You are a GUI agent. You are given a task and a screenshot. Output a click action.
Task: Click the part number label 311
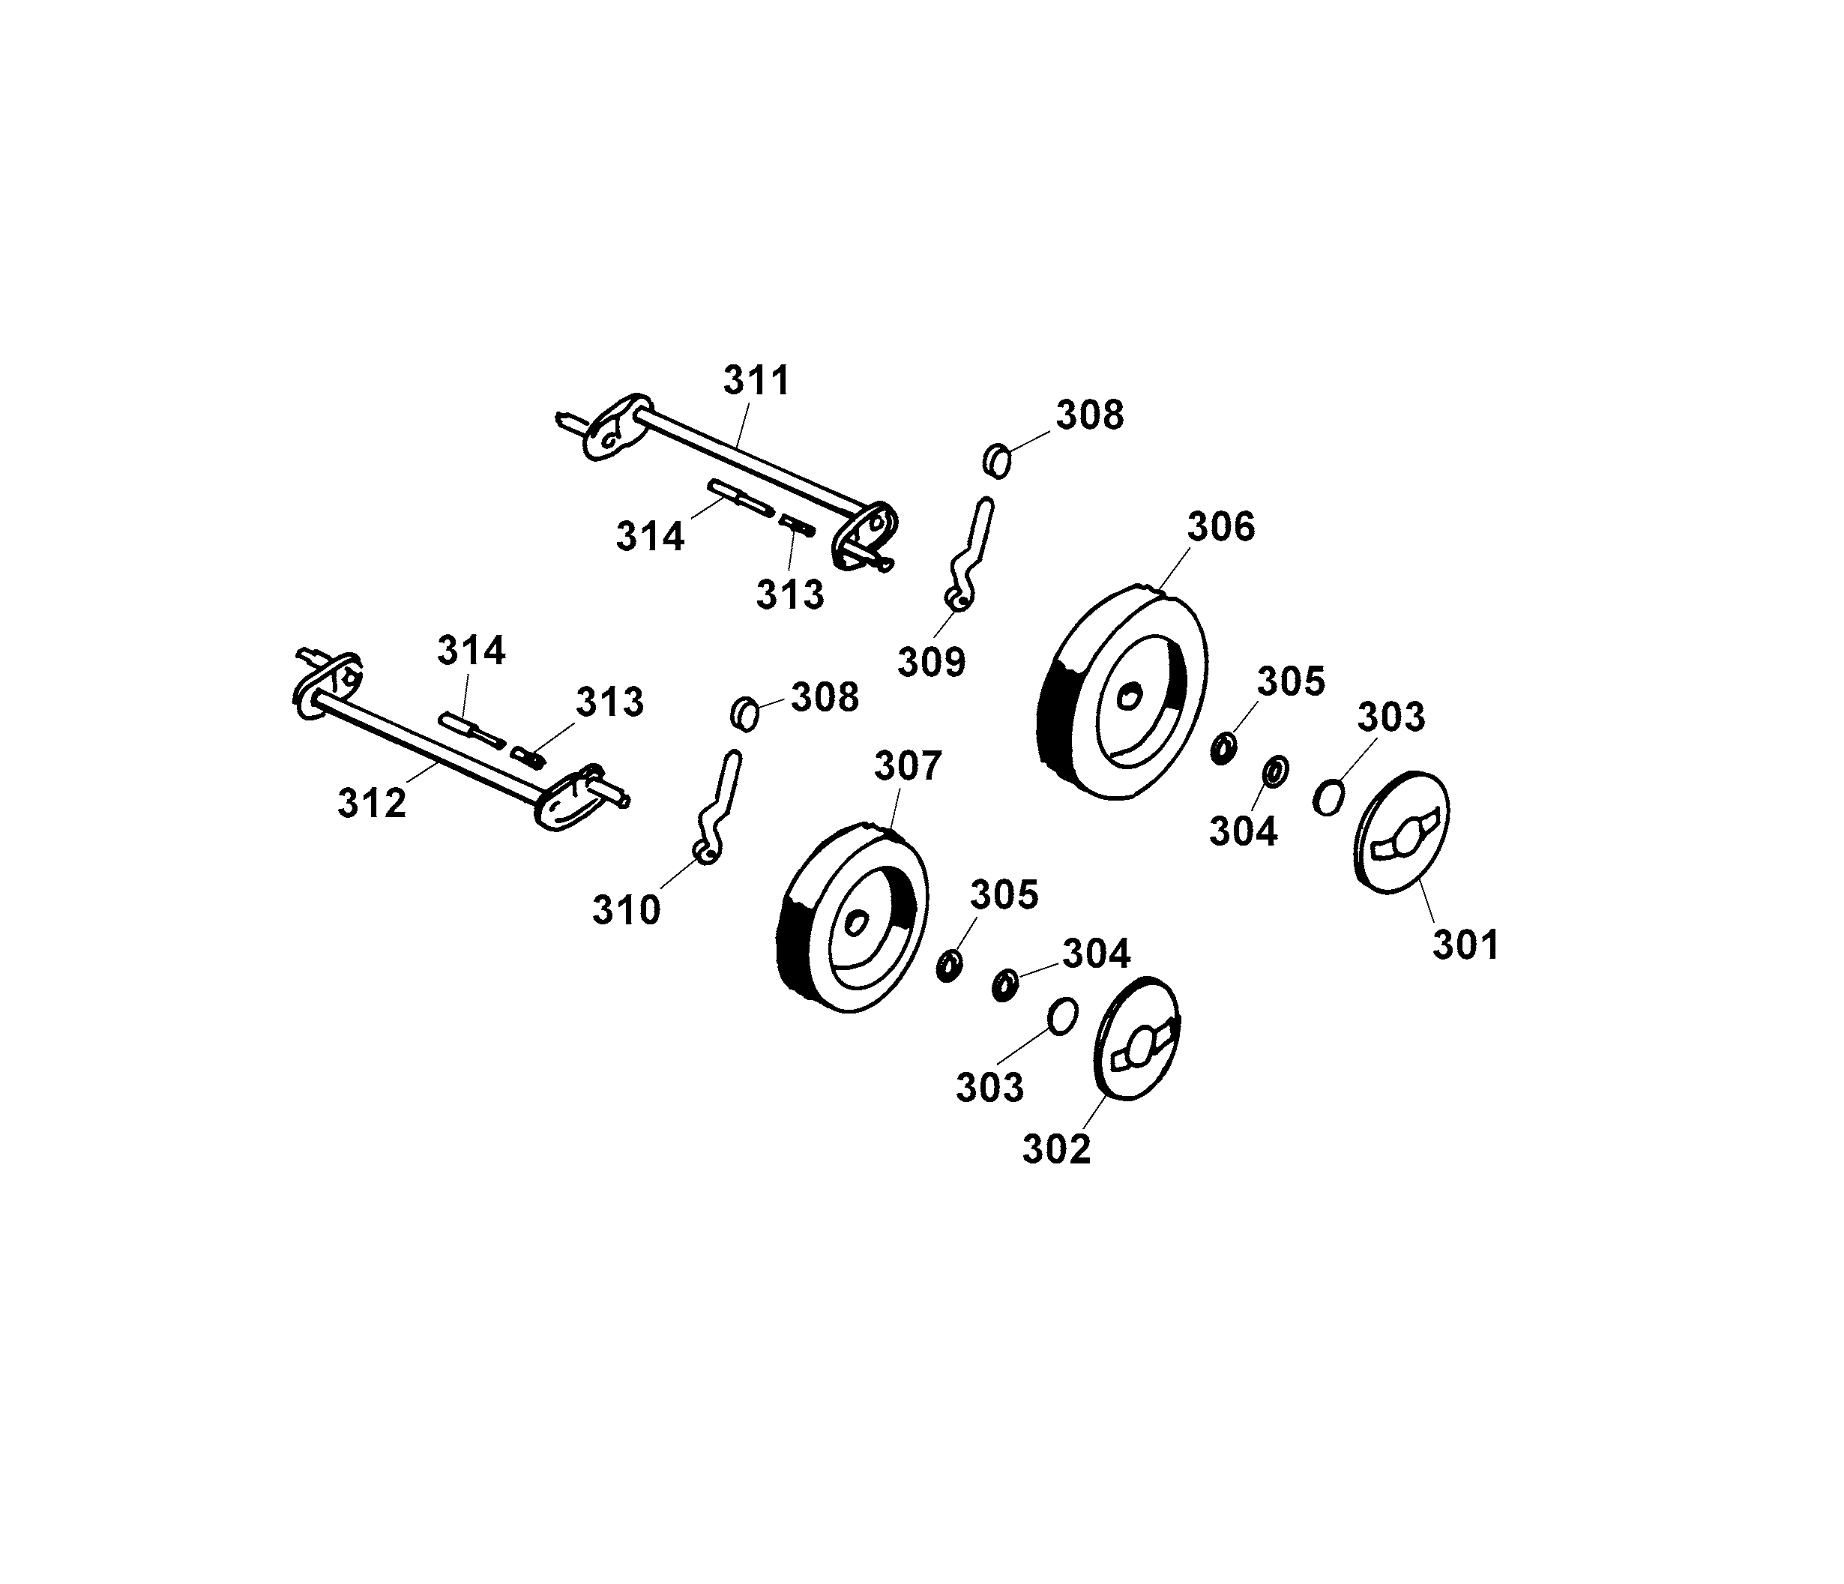756,381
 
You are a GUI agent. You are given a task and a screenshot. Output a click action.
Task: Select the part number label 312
372,804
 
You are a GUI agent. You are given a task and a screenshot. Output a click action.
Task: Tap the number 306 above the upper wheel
1221,527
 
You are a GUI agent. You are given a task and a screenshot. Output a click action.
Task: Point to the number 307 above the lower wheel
908,766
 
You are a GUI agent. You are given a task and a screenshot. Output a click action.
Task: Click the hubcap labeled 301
1402,832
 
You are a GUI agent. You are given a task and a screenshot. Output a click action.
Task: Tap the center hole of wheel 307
857,923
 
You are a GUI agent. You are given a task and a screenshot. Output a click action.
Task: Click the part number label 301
1465,944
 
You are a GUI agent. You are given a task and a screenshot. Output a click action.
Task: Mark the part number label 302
1056,1149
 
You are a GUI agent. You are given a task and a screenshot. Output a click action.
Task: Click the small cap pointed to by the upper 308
998,462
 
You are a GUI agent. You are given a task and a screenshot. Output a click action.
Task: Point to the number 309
931,662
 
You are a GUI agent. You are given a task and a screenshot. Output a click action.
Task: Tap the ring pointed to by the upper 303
1328,795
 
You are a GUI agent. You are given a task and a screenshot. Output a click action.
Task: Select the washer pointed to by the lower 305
949,966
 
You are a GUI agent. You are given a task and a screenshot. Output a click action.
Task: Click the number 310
627,910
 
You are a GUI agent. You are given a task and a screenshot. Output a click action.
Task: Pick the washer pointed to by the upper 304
1274,771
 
